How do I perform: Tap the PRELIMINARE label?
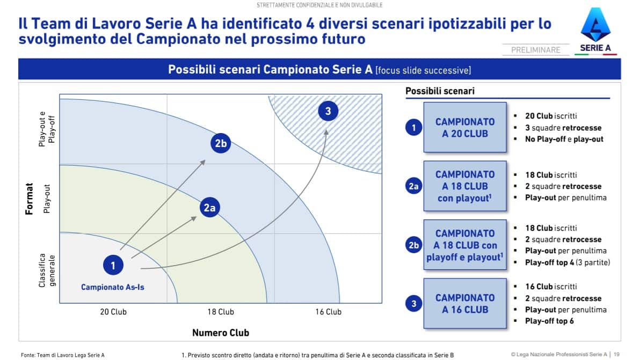pos(535,50)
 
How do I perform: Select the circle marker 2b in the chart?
pos(221,143)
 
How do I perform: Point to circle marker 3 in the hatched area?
pos(328,111)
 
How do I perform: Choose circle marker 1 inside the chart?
pos(113,265)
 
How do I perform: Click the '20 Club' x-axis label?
pos(113,312)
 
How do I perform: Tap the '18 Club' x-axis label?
pos(221,312)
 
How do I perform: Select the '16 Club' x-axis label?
pos(328,312)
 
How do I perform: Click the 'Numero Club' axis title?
pos(221,333)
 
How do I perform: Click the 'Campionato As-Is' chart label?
pos(113,287)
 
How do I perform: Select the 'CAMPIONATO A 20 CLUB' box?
pos(465,127)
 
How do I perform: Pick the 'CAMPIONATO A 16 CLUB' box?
pos(465,303)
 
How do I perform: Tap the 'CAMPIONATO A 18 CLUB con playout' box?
pos(465,186)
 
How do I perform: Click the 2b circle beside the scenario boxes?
pos(413,245)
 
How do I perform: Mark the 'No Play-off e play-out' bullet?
pos(564,139)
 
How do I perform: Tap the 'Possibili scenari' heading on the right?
pos(440,91)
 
